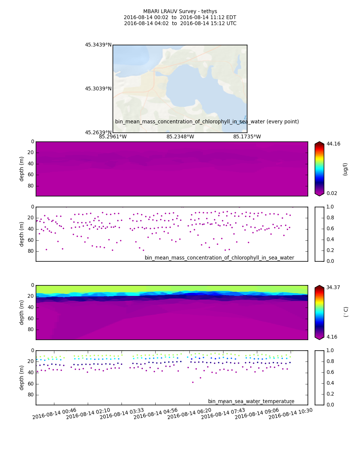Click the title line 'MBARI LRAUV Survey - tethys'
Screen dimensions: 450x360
[x=180, y=12]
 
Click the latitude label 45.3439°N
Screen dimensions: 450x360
[x=98, y=45]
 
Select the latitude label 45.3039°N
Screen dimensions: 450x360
[x=98, y=89]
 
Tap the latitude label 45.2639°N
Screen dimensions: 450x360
[x=98, y=132]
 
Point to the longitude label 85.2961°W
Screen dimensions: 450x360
[x=113, y=137]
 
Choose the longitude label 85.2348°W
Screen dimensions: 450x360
[x=180, y=137]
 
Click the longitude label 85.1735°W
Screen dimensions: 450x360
[x=247, y=137]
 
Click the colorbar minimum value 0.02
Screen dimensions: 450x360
[x=332, y=193]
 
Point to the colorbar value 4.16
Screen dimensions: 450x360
[x=332, y=337]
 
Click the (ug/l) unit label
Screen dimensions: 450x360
[x=345, y=169]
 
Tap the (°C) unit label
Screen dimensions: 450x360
[x=346, y=312]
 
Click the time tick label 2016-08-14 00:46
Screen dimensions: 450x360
[x=54, y=414]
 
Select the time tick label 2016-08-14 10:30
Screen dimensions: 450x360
[x=291, y=414]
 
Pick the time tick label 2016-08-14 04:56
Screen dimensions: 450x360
[x=156, y=414]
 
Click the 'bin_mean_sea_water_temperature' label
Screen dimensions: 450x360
[x=251, y=402]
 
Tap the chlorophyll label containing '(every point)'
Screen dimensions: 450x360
[x=207, y=122]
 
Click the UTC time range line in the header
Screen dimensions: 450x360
[x=180, y=24]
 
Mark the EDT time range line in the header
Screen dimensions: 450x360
[x=180, y=18]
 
